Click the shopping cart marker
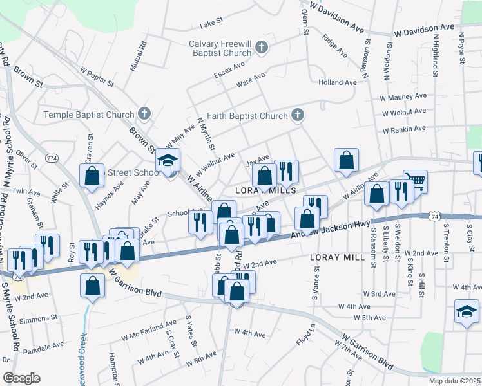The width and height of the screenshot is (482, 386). (415, 181)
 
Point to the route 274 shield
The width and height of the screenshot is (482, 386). (52, 158)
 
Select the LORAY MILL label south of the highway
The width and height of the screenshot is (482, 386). (337, 257)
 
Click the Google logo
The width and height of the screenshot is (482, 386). (21, 378)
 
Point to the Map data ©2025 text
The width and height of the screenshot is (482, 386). (455, 381)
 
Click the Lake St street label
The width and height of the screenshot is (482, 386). (211, 24)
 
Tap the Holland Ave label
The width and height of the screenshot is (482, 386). (337, 82)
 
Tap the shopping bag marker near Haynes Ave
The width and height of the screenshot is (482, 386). (92, 175)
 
